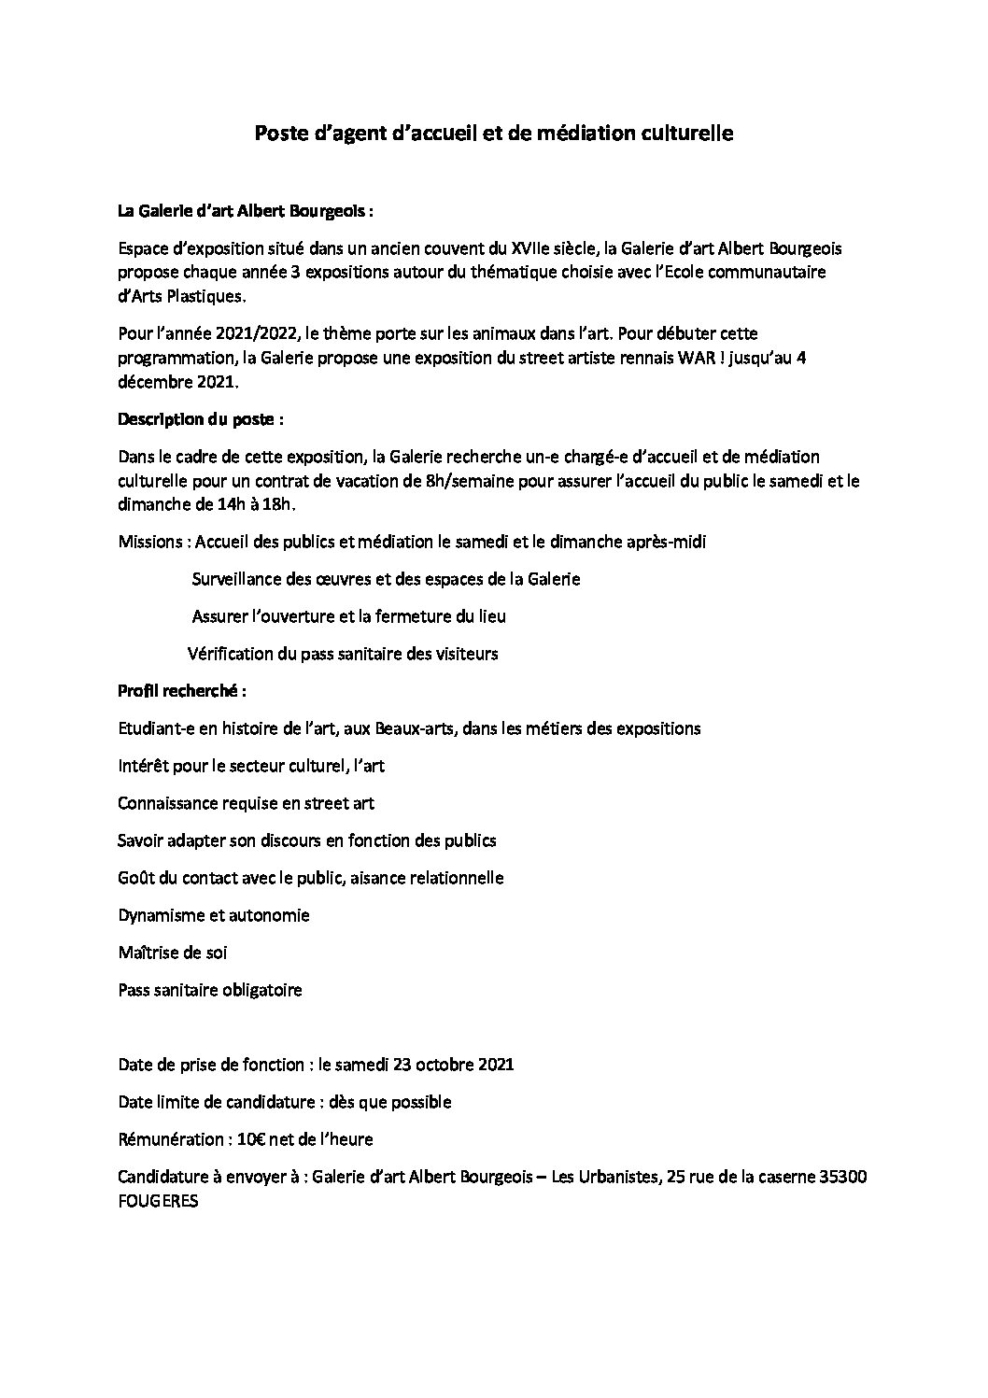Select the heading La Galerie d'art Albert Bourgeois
click(x=245, y=211)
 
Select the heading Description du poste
click(x=200, y=419)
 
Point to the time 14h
click(x=225, y=504)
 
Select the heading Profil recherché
click(x=181, y=691)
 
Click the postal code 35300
click(x=841, y=1177)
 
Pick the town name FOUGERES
click(x=158, y=1202)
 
